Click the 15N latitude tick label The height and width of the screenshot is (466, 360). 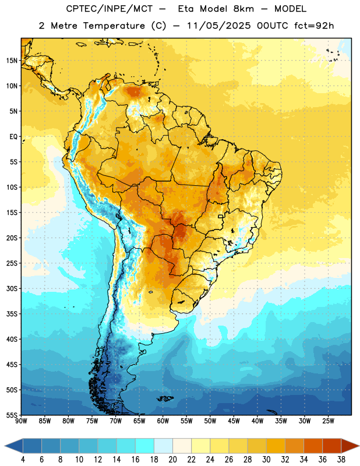[12, 61]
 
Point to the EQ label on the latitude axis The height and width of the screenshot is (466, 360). [13, 137]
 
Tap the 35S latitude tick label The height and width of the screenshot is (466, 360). [12, 314]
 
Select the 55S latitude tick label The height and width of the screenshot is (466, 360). [12, 415]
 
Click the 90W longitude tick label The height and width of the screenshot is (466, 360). [22, 421]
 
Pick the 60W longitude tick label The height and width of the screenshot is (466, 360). [163, 421]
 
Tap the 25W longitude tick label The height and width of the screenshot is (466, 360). [328, 421]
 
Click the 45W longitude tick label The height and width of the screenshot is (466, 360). [234, 421]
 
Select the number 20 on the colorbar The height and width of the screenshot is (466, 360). [172, 460]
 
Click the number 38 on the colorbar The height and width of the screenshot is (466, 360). [341, 460]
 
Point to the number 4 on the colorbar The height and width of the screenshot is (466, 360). [23, 460]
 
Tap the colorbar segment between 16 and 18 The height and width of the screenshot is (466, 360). [145, 446]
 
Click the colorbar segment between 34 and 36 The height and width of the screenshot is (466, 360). [313, 446]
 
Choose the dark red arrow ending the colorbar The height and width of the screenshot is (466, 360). [350, 446]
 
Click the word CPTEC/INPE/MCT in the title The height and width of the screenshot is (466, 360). [109, 9]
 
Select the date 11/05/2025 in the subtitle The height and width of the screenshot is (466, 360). [218, 26]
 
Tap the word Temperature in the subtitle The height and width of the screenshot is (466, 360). [114, 26]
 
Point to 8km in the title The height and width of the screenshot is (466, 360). [243, 9]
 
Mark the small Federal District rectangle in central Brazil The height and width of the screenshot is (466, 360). [221, 216]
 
